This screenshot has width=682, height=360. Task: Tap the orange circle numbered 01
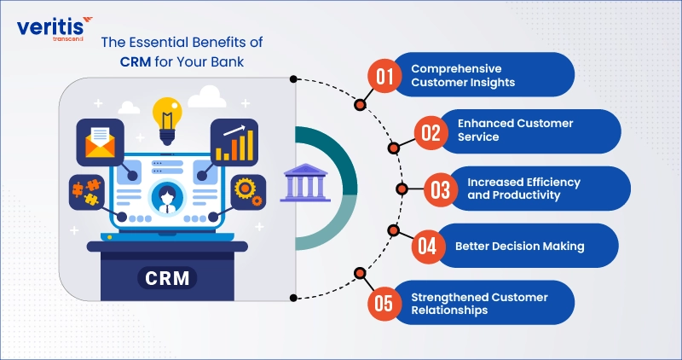(384, 76)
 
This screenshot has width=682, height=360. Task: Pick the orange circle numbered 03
(440, 189)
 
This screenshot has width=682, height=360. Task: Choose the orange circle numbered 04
(428, 246)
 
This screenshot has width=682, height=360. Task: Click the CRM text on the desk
(167, 277)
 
